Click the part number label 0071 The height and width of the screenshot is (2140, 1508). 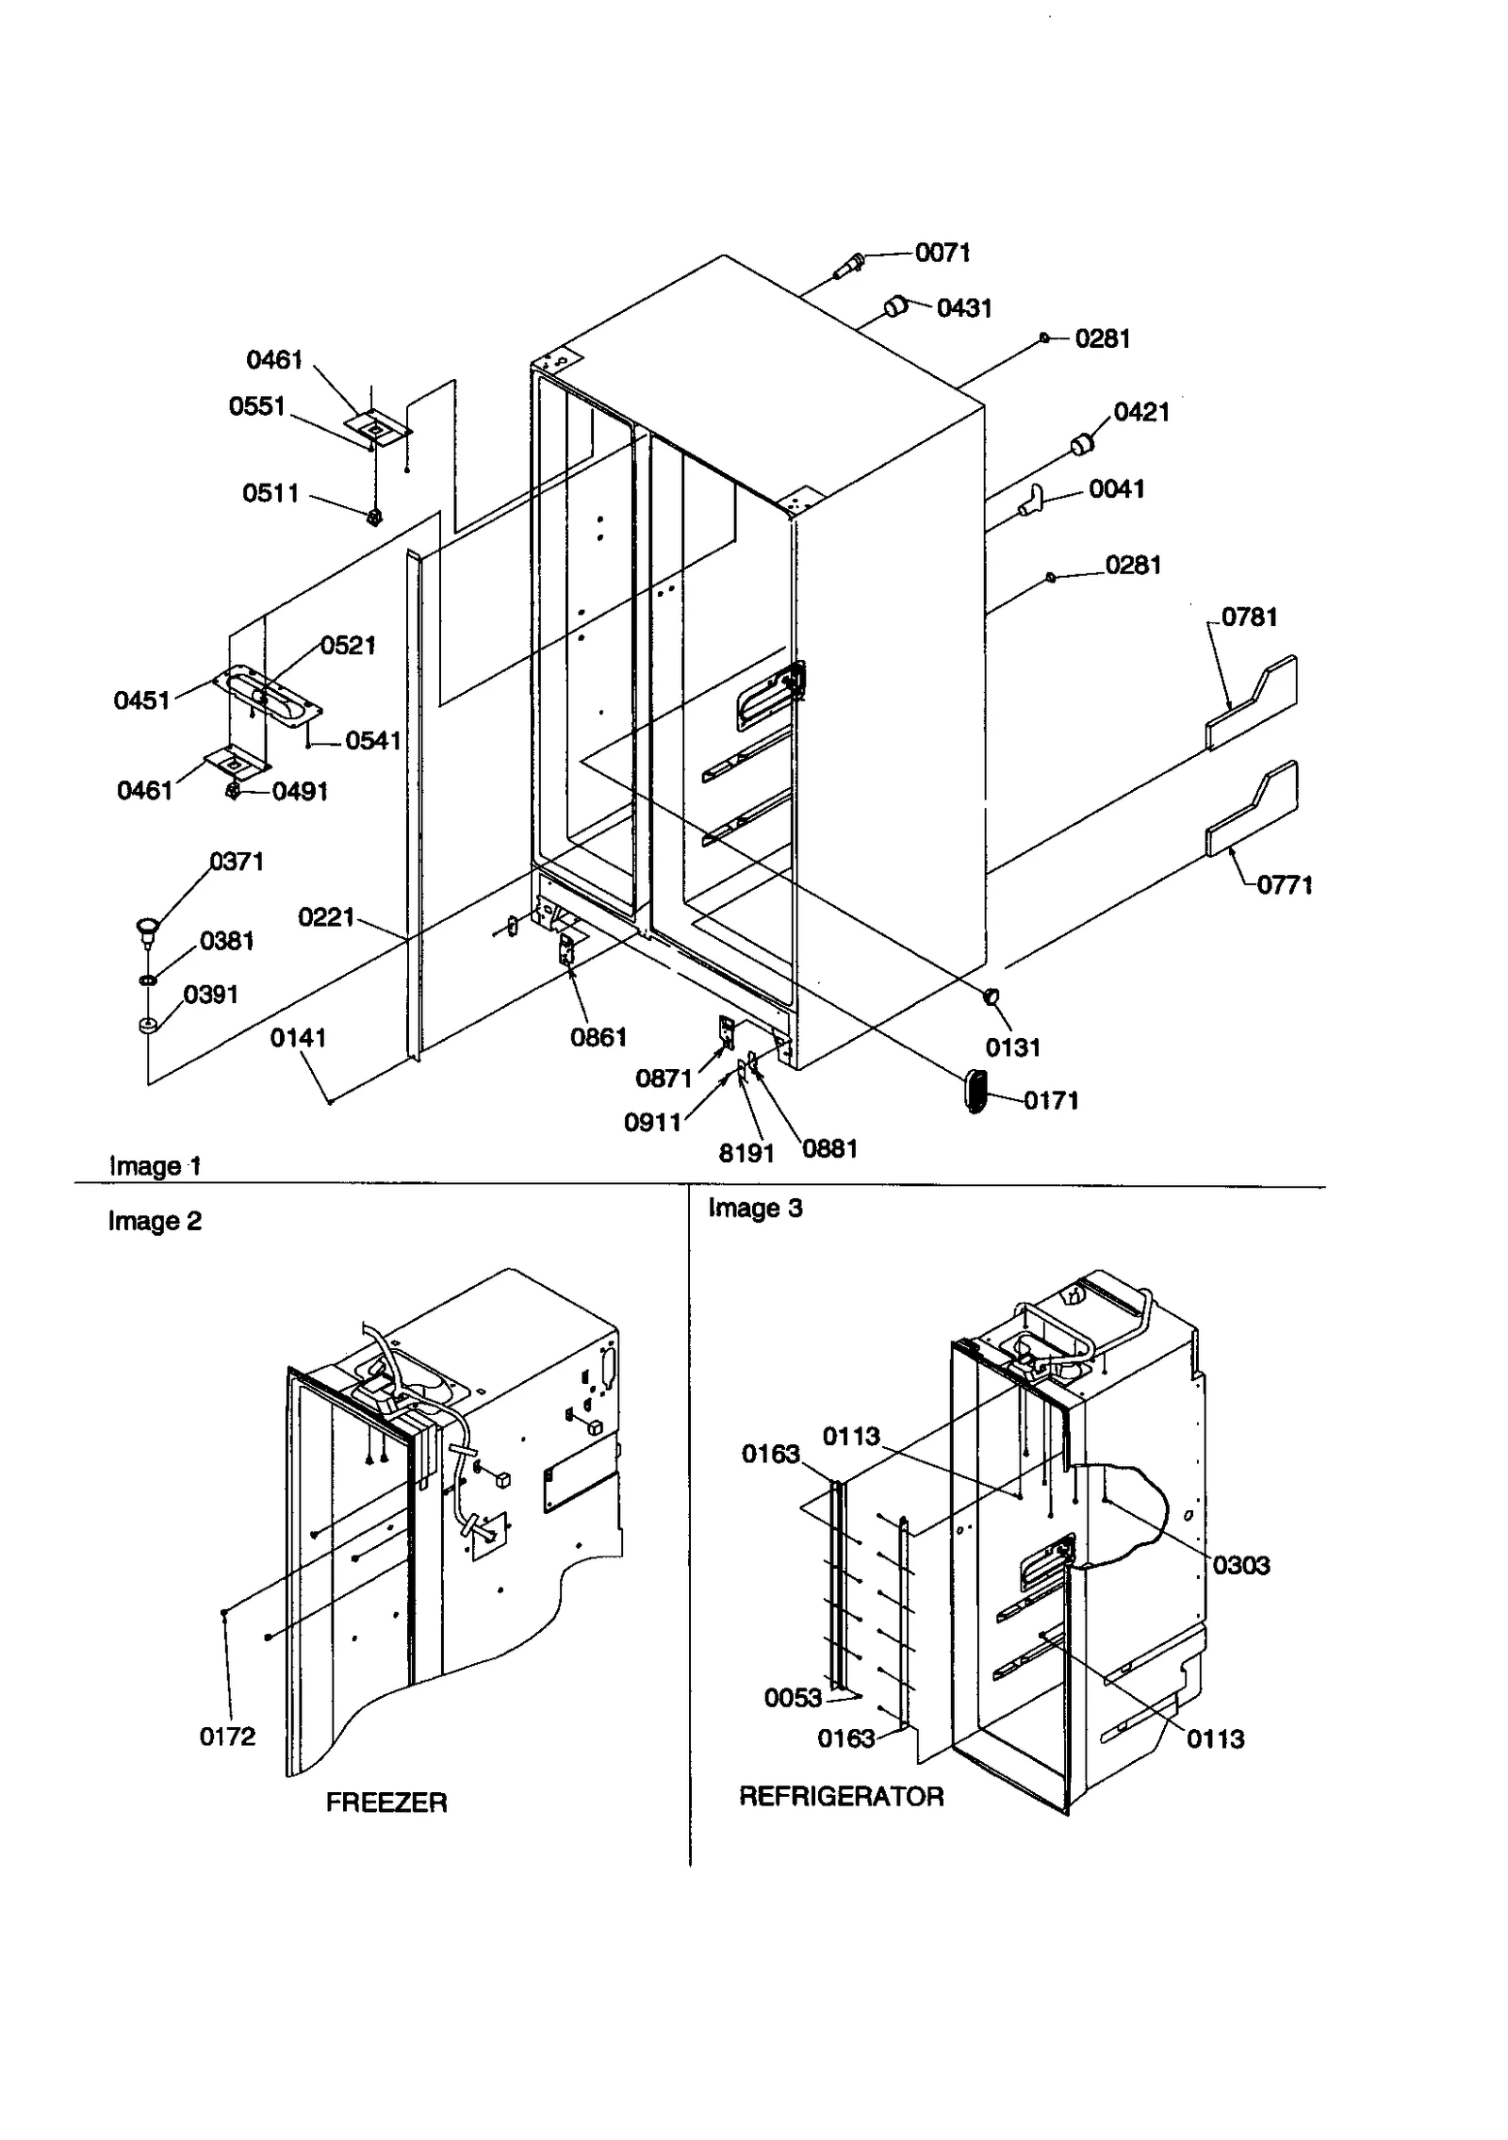click(x=942, y=253)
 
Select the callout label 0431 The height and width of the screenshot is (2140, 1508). click(x=963, y=308)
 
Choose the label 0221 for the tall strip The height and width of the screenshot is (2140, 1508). click(x=326, y=917)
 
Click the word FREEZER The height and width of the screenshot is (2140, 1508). click(x=386, y=1803)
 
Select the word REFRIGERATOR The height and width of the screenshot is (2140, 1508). click(x=841, y=1797)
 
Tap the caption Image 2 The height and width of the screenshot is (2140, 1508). click(x=155, y=1222)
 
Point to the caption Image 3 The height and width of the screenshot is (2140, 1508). click(x=755, y=1209)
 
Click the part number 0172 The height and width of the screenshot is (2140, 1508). click(x=227, y=1737)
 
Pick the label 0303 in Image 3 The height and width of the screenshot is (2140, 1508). click(x=1240, y=1566)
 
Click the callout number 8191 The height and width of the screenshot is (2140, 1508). click(x=746, y=1153)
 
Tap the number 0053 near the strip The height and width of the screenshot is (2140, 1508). click(x=793, y=1698)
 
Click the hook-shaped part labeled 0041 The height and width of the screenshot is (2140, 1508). click(x=1032, y=500)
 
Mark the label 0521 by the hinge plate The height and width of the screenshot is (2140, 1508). click(x=348, y=646)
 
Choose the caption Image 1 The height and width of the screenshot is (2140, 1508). click(x=155, y=1166)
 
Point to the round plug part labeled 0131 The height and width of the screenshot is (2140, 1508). click(x=991, y=996)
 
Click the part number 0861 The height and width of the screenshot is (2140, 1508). click(x=598, y=1038)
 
